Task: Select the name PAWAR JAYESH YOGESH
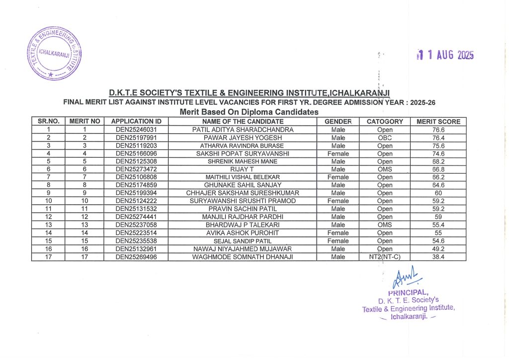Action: pos(243,138)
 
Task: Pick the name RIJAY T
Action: pos(243,170)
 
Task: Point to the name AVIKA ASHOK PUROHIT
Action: pos(243,233)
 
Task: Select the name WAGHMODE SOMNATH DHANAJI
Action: pos(243,257)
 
